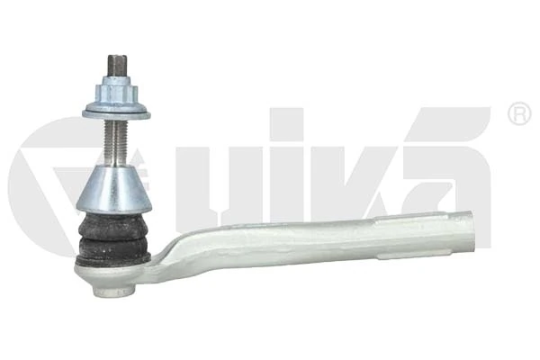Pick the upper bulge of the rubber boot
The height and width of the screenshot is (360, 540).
(112, 221)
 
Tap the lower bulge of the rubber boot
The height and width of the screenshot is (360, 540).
(112, 243)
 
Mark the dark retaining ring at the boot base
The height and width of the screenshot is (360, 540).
(112, 260)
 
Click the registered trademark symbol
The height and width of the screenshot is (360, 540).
(519, 114)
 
